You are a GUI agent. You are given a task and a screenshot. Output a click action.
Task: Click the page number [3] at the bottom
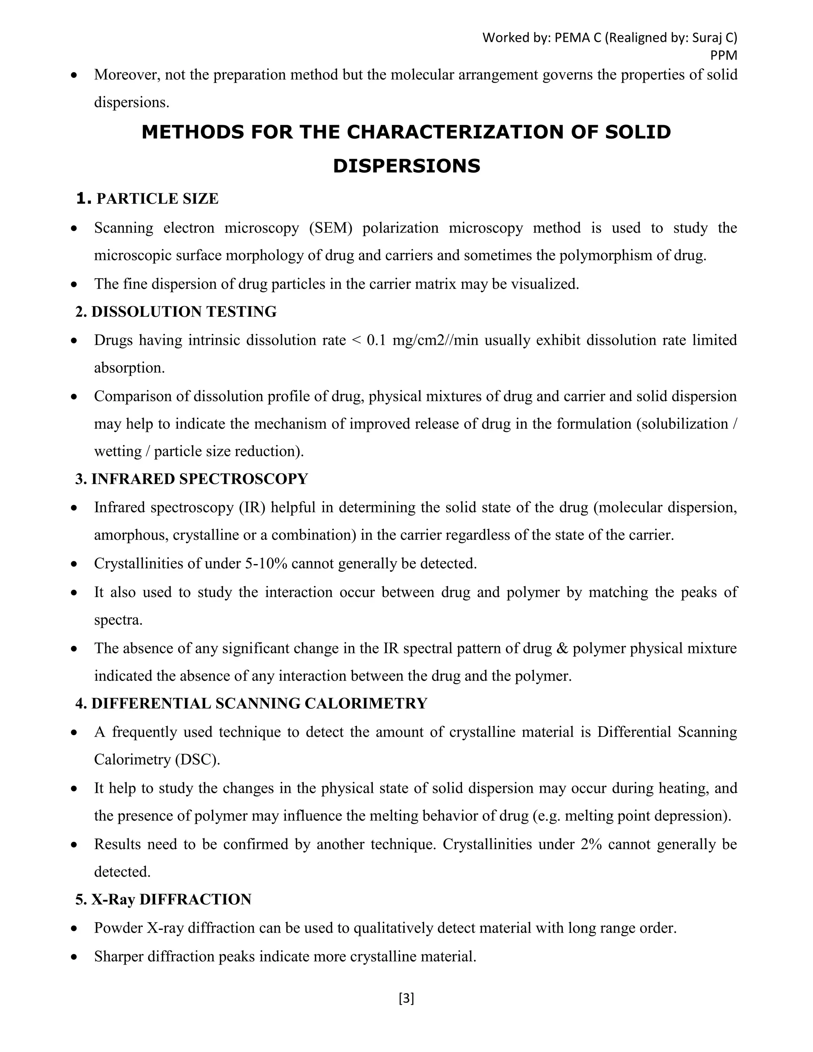pos(406,998)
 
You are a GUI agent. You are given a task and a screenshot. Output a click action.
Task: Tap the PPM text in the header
pos(724,56)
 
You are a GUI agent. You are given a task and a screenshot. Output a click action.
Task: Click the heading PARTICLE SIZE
pos(158,199)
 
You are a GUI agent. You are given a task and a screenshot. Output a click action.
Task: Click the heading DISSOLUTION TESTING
pos(184,312)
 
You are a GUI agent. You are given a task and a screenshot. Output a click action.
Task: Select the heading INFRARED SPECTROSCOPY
pos(199,479)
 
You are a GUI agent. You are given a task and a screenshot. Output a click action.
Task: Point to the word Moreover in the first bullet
pos(125,75)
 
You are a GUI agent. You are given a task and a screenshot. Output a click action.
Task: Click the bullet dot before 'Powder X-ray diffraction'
pos(74,928)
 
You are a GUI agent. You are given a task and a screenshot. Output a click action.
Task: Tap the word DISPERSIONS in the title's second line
pos(406,166)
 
